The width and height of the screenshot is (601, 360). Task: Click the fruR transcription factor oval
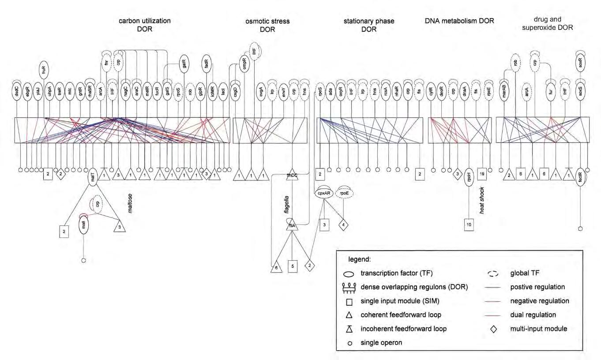tap(44, 68)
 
